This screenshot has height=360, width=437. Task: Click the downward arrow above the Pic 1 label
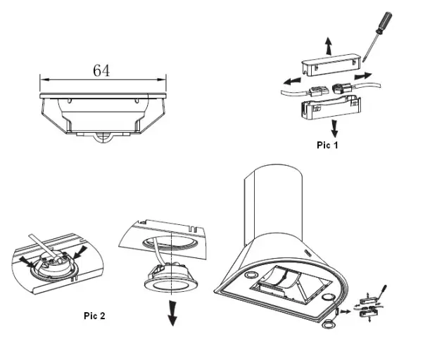pos(334,128)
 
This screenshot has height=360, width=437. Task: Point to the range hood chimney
pos(270,204)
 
